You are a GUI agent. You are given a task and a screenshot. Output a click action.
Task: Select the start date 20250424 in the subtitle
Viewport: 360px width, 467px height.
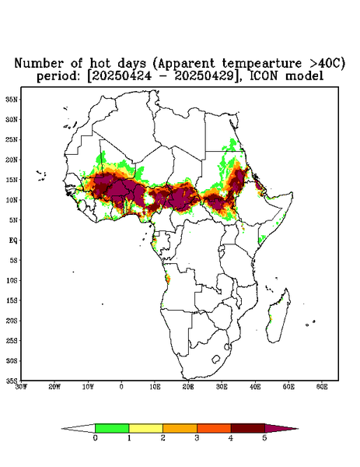(121, 76)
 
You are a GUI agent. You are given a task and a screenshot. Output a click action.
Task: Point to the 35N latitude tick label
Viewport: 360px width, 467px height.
(12, 100)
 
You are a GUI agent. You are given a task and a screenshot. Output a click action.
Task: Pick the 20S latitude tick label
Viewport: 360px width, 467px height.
(12, 321)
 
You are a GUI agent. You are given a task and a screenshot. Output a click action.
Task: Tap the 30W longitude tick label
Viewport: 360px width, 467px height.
(21, 387)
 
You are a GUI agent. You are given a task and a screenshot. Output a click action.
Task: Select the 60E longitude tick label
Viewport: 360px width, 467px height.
(322, 387)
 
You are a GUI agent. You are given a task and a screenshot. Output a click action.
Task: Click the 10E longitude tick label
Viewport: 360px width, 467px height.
(155, 387)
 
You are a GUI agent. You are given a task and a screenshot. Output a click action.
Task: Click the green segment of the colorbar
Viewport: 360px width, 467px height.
(112, 428)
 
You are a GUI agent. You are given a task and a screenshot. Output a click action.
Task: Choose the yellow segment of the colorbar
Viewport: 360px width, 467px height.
(145, 428)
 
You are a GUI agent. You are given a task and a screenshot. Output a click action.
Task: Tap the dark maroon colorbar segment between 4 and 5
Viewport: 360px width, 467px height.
(248, 428)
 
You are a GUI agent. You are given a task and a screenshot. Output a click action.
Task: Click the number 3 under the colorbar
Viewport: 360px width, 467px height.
(197, 438)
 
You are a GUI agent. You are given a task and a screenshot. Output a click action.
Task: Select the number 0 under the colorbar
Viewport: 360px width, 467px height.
(95, 438)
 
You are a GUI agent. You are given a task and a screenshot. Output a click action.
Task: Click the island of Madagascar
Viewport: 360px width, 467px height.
(279, 316)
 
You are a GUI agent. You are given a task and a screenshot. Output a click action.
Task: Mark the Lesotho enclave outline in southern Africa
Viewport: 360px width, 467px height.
(215, 359)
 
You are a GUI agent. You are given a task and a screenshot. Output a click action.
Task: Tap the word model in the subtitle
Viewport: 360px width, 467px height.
(304, 76)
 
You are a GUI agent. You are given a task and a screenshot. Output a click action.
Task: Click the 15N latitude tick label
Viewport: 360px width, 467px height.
(12, 180)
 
